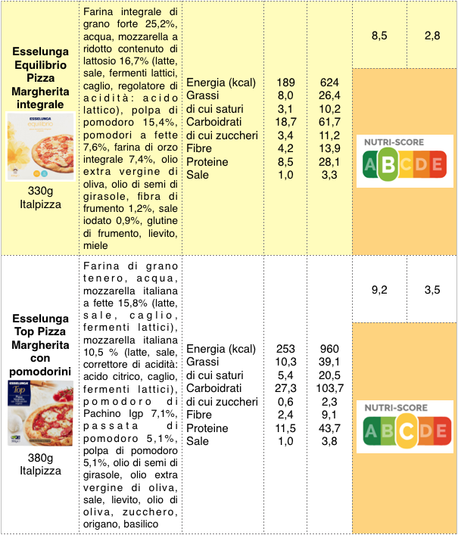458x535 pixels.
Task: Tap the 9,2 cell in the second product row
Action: tap(380, 289)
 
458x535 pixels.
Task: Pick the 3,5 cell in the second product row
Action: tap(432, 289)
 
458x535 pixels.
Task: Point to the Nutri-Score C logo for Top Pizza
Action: tap(405, 427)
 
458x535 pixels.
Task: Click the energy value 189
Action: tap(285, 82)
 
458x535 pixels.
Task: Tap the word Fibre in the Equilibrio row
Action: tap(200, 148)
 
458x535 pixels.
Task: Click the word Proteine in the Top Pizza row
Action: tap(208, 428)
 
